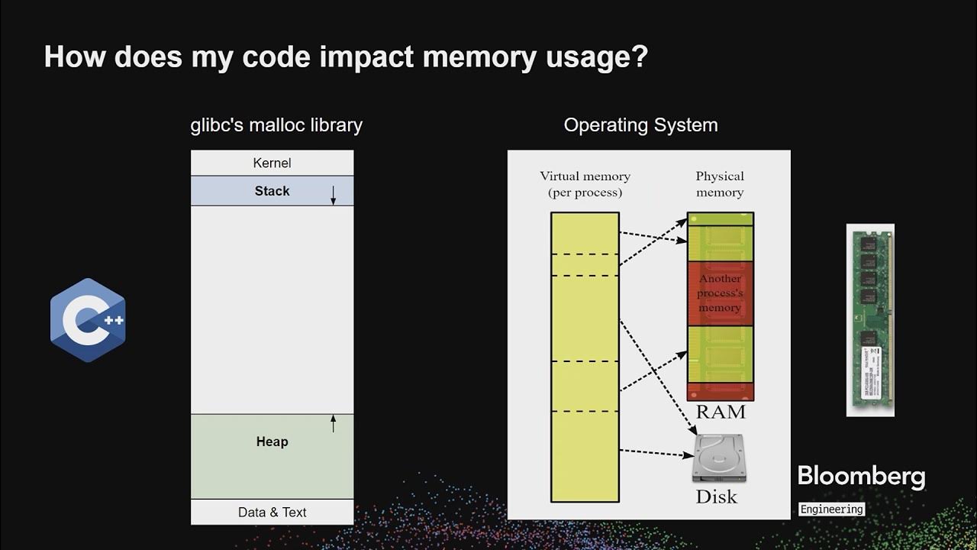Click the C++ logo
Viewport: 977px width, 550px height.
88,320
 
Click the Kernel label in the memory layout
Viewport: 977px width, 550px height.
272,163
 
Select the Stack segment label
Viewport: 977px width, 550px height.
272,191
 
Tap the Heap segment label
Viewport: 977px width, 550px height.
272,442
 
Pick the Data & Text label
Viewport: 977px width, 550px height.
272,513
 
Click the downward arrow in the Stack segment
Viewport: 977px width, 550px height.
333,196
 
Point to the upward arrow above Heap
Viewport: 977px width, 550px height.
333,423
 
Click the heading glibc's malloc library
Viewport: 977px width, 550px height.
276,125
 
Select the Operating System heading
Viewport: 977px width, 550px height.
640,125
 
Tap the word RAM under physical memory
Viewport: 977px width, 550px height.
720,412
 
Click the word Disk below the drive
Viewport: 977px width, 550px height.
716,497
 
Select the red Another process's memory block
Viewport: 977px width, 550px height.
720,293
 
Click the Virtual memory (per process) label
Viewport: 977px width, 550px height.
585,184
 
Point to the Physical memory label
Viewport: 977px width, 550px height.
719,184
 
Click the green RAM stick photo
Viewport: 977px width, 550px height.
870,320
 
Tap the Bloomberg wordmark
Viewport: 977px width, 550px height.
861,477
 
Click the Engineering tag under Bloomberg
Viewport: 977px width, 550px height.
831,509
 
